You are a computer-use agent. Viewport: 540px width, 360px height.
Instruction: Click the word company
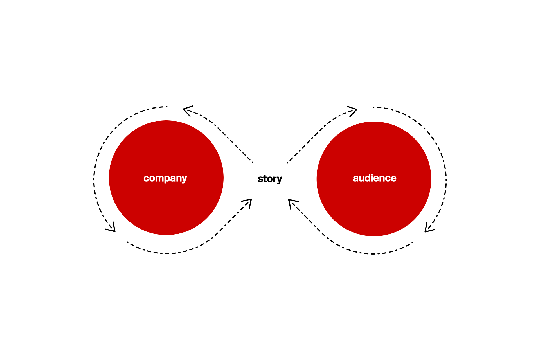point(165,178)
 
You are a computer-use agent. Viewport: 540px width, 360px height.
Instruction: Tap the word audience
point(374,178)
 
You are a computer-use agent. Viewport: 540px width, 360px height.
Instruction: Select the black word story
point(270,179)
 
